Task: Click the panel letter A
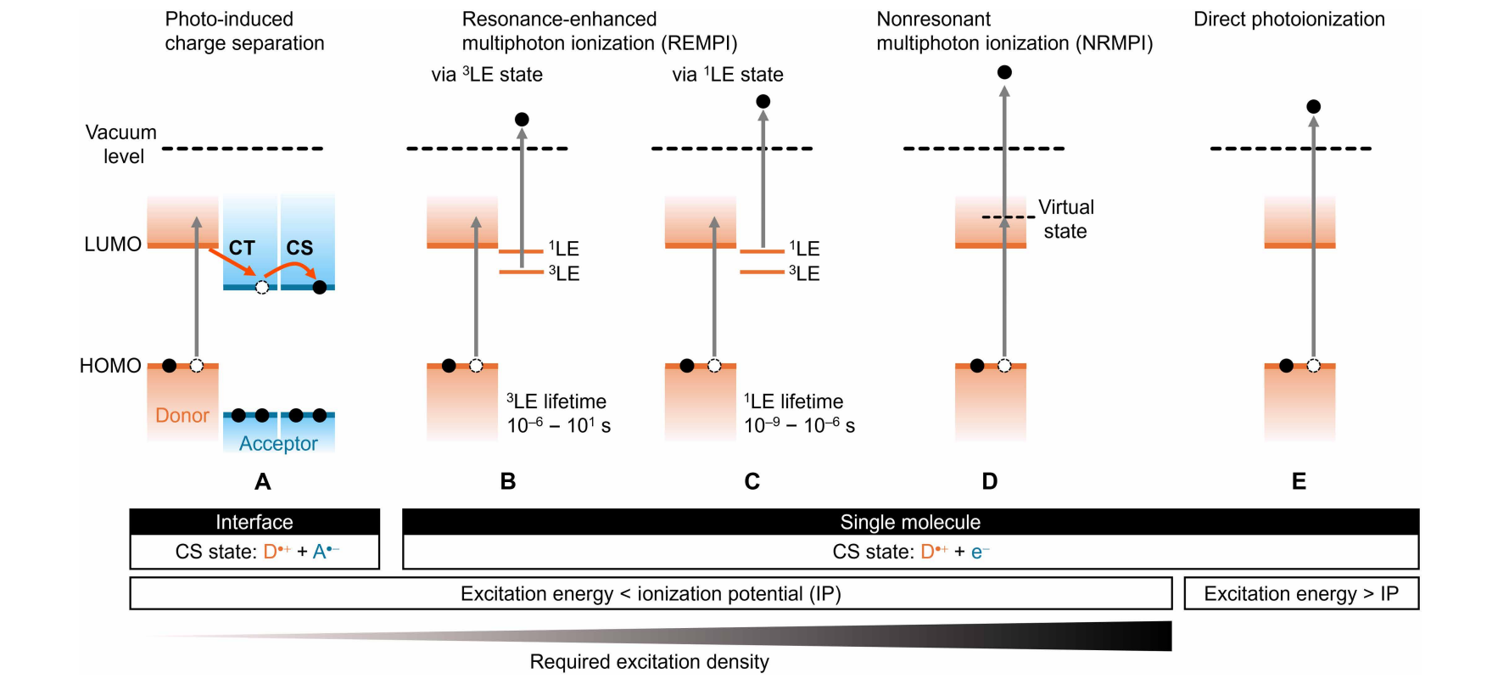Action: [x=263, y=482]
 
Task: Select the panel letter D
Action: [x=989, y=482]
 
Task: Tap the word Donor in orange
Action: [x=182, y=415]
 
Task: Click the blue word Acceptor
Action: [x=278, y=443]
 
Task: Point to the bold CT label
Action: [x=242, y=248]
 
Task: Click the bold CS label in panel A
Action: [x=299, y=248]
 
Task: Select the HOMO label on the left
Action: [x=110, y=366]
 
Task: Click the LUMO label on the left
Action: [x=113, y=244]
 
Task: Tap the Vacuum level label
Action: [x=121, y=144]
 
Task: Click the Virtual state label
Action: [x=1065, y=219]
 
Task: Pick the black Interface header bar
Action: [x=254, y=522]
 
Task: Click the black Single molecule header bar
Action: [x=910, y=522]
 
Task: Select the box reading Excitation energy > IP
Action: [x=1300, y=594]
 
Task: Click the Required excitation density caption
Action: [x=649, y=662]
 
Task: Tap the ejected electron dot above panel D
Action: [x=1004, y=72]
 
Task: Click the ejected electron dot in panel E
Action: [x=1314, y=106]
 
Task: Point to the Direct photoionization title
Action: [x=1288, y=20]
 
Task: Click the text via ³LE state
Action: [x=487, y=75]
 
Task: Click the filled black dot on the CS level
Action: [x=320, y=287]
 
